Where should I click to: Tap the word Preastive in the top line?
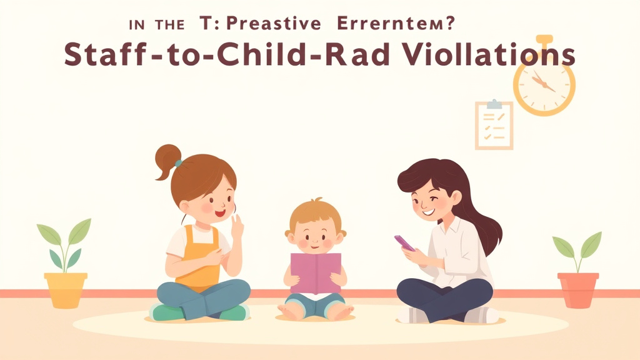click(273, 24)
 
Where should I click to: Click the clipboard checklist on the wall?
click(494, 126)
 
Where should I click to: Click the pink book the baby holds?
click(316, 272)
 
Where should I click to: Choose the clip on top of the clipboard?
click(494, 103)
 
